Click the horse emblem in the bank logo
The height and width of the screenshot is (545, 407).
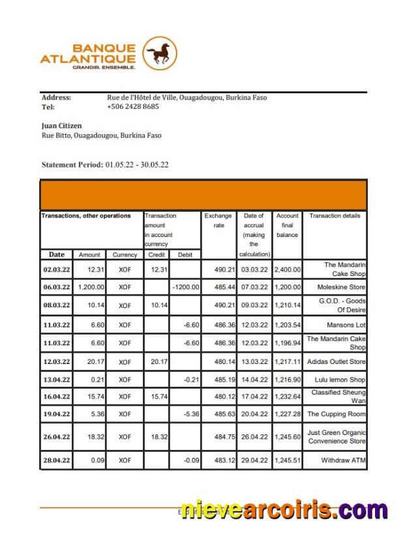160,53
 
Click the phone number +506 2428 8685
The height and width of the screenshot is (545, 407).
132,107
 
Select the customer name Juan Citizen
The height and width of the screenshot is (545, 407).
61,126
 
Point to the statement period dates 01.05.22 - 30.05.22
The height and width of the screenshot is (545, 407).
136,165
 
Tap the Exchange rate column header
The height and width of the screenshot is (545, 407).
218,221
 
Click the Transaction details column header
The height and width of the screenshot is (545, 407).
334,216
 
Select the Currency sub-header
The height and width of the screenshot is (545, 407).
125,255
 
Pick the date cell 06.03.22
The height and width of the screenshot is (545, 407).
57,287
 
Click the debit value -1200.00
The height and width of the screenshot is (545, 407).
185,287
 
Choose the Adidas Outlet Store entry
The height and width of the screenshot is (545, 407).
336,361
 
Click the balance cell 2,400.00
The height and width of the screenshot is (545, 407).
287,269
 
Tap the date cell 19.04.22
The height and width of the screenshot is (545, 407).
57,414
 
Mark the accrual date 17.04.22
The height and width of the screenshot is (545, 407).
254,396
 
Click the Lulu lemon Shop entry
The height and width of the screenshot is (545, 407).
336,380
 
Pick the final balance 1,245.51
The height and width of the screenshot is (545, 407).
287,460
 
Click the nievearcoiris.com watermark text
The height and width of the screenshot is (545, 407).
284,510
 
